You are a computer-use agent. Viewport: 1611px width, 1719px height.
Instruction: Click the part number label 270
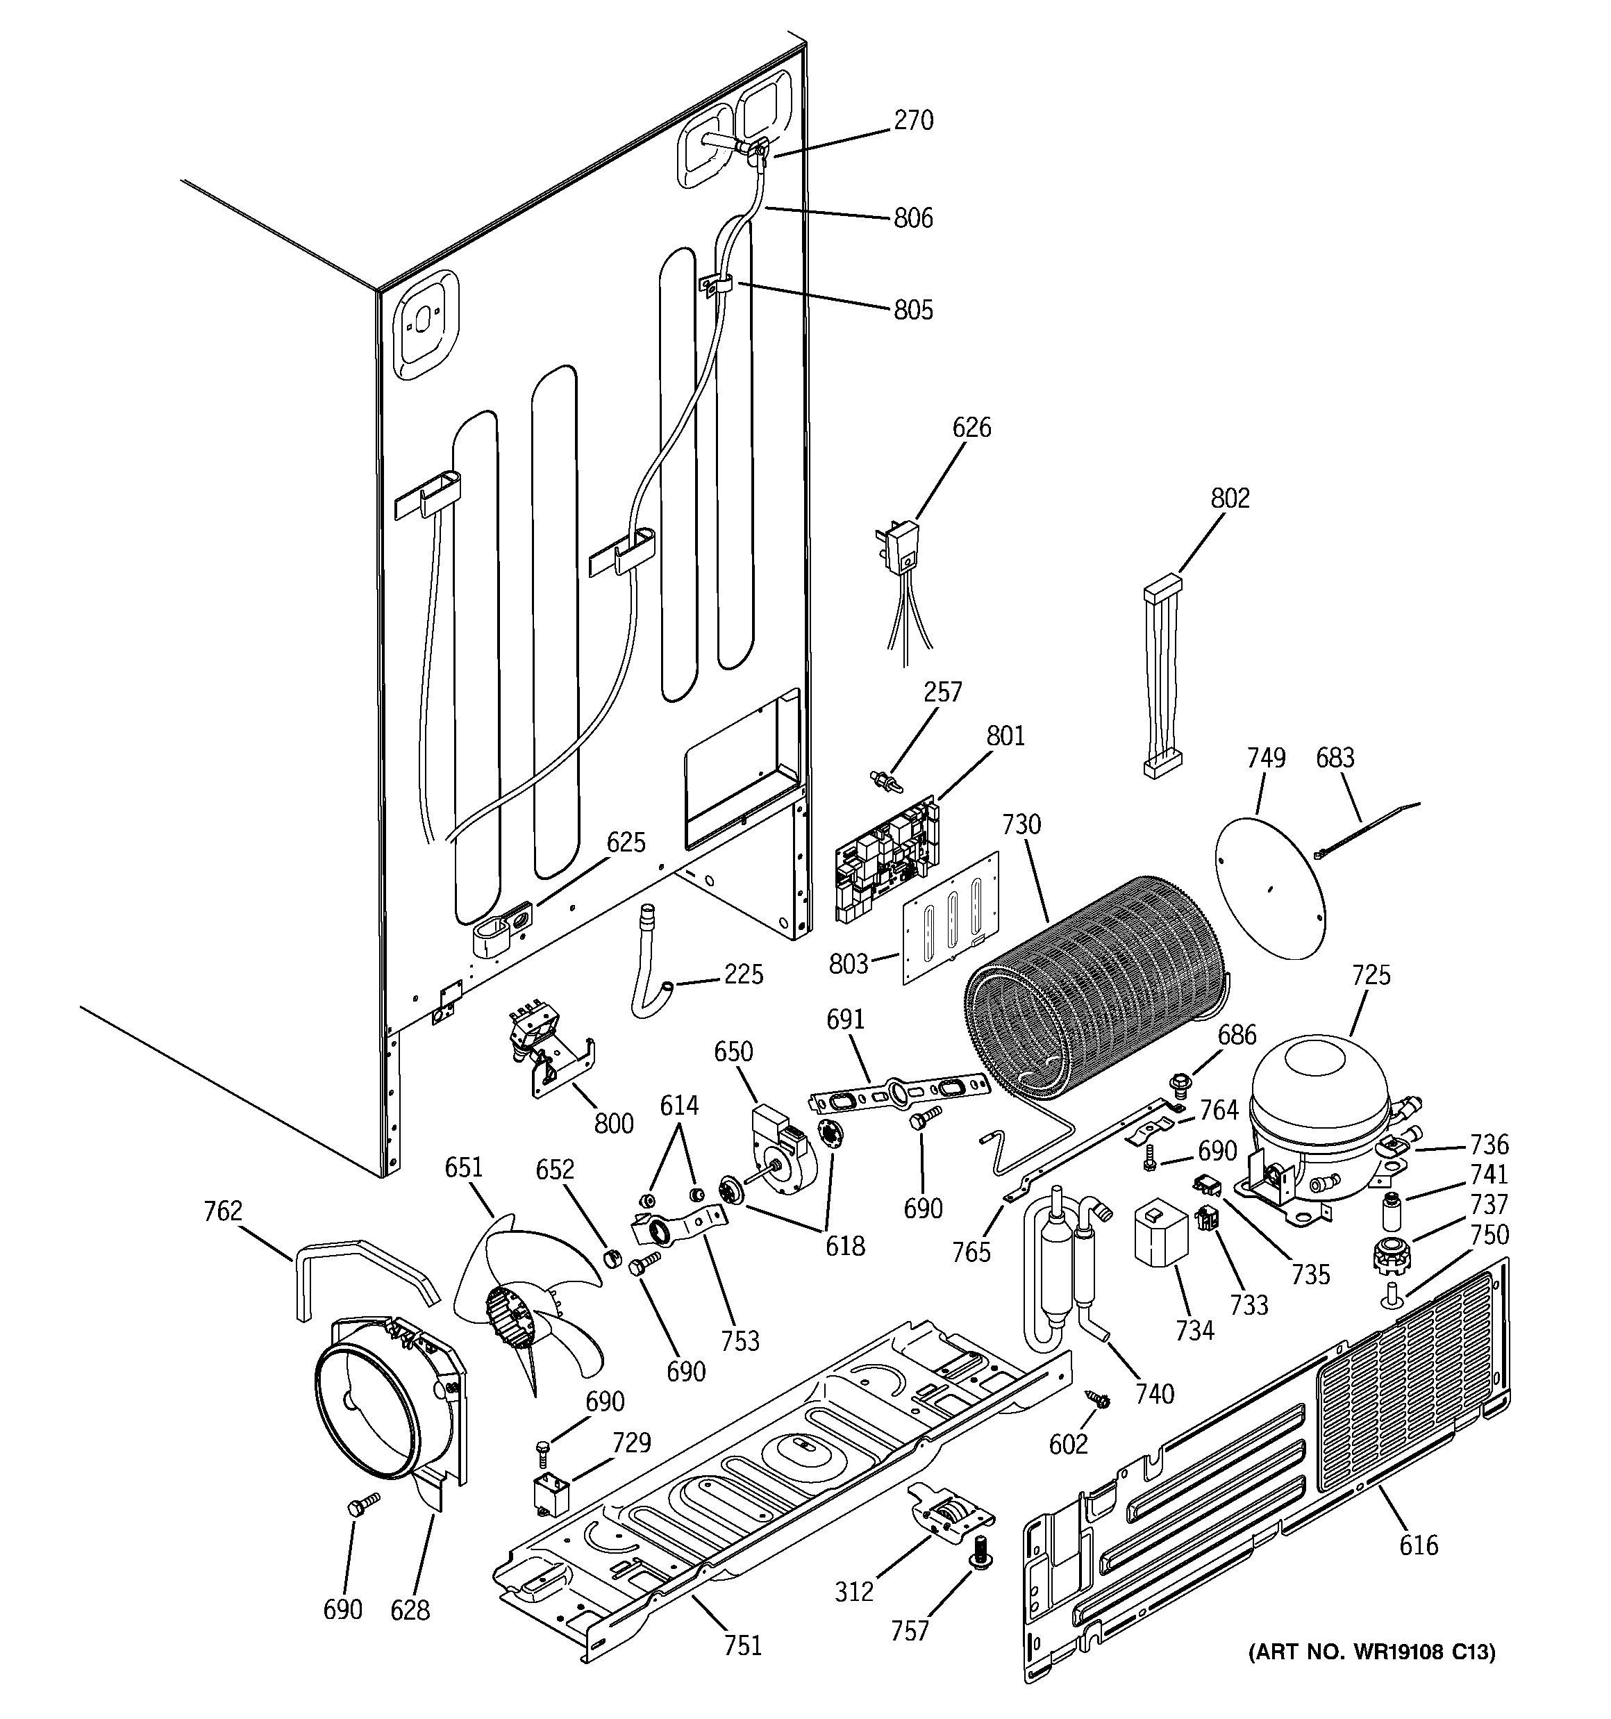tap(913, 120)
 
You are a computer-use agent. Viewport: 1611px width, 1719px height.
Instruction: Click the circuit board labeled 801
tap(885, 858)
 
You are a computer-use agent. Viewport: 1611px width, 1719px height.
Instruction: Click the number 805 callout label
tap(913, 310)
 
